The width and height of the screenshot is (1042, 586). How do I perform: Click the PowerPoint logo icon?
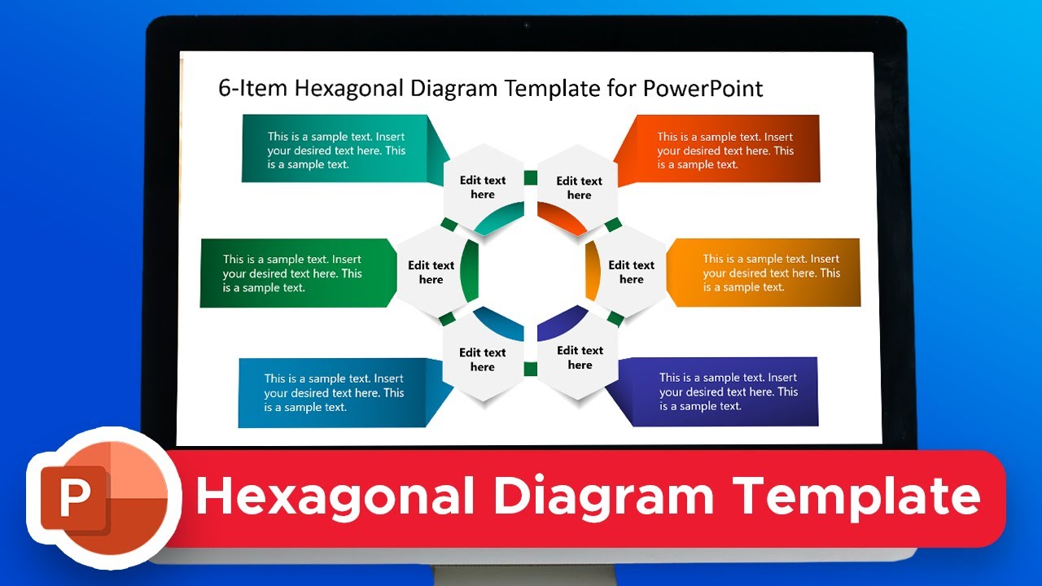point(98,498)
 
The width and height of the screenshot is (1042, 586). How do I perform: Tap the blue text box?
point(334,392)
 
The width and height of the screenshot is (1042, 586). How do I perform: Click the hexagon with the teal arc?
point(483,189)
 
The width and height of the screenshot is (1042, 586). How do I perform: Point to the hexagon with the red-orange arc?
point(579,189)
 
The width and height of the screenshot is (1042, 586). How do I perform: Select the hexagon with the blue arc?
point(483,360)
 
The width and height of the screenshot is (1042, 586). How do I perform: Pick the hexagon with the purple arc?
point(579,358)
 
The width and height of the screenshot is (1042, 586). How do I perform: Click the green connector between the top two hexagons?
point(531,177)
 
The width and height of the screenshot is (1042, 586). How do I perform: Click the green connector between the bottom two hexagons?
point(531,370)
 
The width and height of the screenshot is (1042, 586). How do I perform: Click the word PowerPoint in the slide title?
point(703,88)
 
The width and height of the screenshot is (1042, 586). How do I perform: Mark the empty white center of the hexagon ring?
point(531,273)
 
